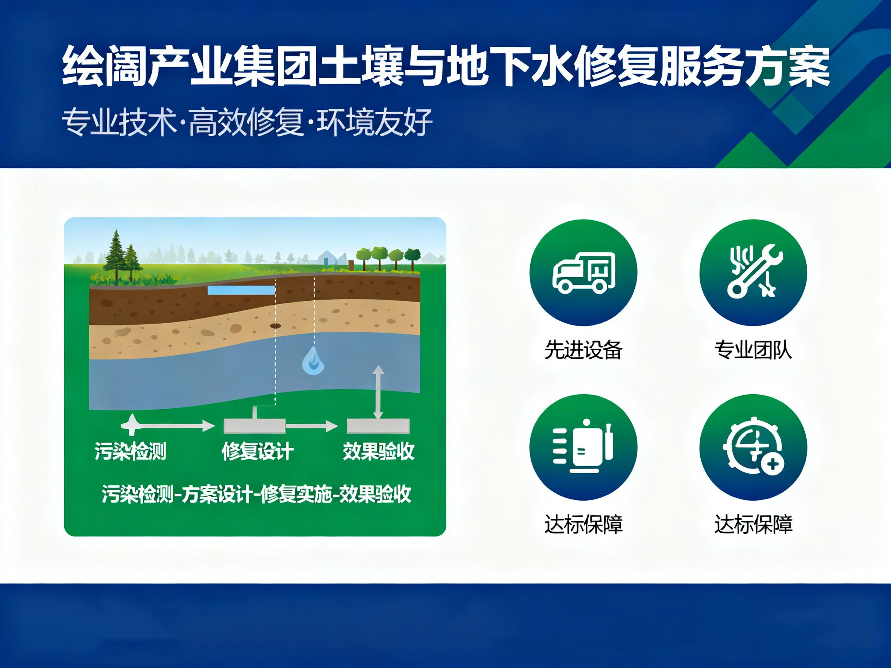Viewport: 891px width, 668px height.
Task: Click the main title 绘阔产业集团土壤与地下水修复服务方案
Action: tap(446, 66)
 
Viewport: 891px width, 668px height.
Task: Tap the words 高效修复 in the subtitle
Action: tap(246, 122)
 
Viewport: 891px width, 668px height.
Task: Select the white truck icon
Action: tap(583, 272)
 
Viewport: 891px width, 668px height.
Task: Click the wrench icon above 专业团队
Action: tap(753, 272)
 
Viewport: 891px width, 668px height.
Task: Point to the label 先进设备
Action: tap(583, 349)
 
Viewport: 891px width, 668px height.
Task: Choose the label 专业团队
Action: tap(753, 349)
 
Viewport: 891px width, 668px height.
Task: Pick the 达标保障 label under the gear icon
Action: tap(753, 524)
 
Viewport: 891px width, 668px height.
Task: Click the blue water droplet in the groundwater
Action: tap(313, 361)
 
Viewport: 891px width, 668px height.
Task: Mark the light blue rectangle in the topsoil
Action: tap(241, 290)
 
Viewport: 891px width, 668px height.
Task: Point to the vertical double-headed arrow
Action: tap(378, 393)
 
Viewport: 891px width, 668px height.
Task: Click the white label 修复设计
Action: tap(258, 451)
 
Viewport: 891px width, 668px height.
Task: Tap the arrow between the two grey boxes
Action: tap(312, 426)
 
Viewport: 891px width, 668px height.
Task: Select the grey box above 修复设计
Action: tap(254, 426)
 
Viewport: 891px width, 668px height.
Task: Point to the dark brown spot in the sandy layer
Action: tap(275, 325)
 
